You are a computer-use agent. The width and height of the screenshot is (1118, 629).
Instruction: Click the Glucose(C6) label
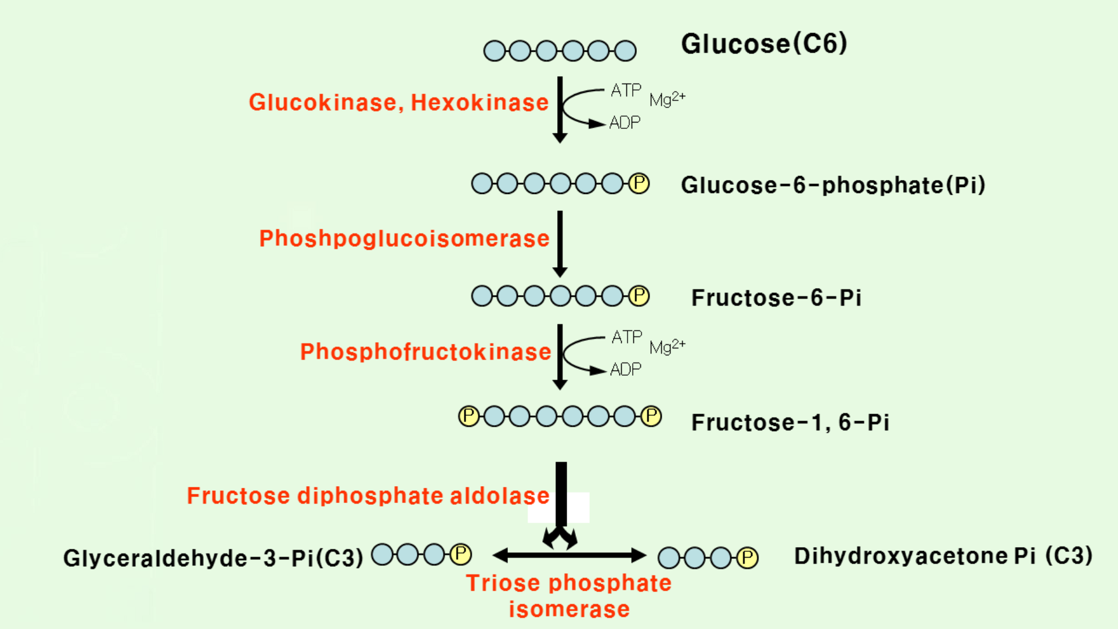[764, 44]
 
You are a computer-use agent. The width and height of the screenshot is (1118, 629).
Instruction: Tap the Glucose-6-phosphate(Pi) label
[833, 185]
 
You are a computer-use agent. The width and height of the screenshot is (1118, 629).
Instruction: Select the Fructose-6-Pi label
[776, 298]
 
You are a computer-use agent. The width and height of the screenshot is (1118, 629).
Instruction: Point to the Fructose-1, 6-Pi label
[790, 422]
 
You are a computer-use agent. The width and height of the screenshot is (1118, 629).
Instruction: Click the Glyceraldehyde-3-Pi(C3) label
[213, 558]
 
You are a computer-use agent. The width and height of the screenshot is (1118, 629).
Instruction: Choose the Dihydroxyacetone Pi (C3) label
[943, 556]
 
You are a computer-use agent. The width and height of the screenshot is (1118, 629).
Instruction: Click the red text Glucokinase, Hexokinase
[398, 103]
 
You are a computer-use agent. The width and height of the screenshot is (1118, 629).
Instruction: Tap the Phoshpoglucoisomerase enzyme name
[404, 239]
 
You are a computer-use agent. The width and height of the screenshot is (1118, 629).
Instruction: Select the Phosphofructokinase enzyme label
[425, 352]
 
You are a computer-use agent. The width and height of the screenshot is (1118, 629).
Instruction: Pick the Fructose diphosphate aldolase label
[368, 496]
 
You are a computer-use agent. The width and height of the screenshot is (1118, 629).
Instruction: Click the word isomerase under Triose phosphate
[569, 609]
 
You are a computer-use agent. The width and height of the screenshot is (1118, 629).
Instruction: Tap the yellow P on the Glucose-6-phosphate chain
[639, 184]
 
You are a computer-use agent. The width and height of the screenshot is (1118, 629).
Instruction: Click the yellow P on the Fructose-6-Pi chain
[639, 296]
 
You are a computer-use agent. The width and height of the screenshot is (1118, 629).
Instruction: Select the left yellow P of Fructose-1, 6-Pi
[469, 416]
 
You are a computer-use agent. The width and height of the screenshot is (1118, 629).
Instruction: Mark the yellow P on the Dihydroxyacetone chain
[748, 558]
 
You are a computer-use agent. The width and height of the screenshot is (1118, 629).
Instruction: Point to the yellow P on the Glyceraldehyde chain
[461, 554]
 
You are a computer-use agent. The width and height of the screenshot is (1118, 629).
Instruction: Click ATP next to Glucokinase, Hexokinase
[626, 91]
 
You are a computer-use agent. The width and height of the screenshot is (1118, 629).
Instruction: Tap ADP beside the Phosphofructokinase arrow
[626, 369]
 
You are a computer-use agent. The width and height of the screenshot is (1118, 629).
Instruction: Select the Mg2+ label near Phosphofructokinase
[667, 347]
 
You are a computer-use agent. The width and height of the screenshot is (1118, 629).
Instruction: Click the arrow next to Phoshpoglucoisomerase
[560, 244]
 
